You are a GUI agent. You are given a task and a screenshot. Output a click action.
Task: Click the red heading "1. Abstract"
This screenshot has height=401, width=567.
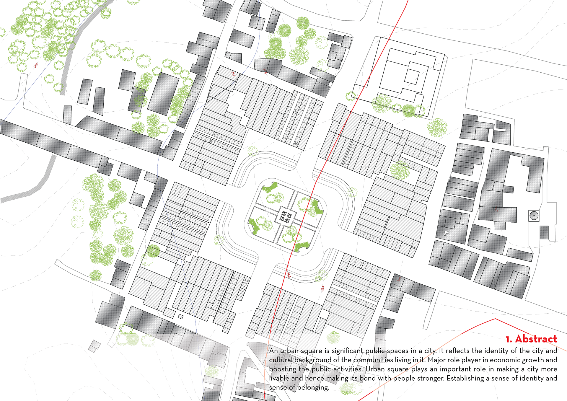pos(531,339)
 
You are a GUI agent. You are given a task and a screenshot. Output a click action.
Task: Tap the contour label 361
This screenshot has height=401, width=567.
pos(36,65)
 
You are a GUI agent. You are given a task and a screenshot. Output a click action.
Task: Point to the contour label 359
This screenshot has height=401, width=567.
pos(233,73)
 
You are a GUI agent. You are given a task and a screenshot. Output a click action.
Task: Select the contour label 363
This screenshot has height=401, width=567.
pos(289,275)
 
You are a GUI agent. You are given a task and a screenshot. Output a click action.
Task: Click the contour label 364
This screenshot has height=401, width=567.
pos(322,288)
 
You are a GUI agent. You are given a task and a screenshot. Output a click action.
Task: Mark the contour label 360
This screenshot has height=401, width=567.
pos(265,71)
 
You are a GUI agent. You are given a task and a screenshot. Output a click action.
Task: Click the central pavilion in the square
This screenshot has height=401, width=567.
pos(285,217)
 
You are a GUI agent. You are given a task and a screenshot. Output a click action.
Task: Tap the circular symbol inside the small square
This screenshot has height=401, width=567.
pos(534,216)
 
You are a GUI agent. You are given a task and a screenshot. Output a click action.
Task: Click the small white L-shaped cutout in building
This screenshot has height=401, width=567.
pos(446,233)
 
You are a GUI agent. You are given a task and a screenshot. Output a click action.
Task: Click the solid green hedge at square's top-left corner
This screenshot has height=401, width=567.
pos(270,188)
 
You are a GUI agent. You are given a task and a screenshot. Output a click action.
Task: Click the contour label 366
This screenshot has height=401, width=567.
pos(399,278)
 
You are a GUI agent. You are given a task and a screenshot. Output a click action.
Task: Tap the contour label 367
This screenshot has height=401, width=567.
pos(496,209)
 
